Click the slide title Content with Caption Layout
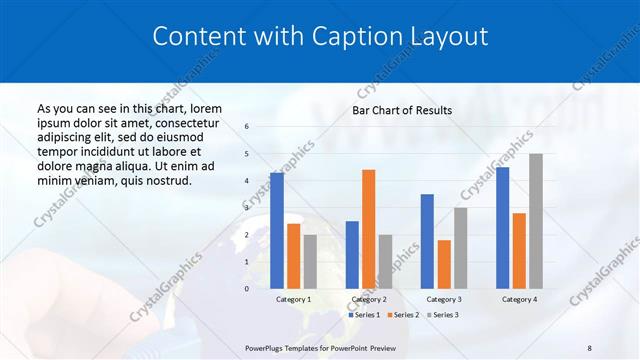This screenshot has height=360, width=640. (x=320, y=37)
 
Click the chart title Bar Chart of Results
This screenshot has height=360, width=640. (x=401, y=110)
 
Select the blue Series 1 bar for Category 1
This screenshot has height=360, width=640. (x=277, y=230)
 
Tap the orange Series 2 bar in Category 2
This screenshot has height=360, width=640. (x=368, y=229)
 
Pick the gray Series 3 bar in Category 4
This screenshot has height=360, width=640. (x=536, y=221)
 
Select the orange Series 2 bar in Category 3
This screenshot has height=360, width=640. (x=444, y=264)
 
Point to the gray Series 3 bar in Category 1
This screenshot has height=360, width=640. (x=310, y=261)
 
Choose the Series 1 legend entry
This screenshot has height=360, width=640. (x=366, y=315)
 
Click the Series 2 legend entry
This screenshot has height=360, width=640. (x=405, y=315)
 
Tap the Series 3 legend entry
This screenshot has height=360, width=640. (x=444, y=315)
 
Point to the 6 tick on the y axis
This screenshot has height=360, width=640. (x=247, y=127)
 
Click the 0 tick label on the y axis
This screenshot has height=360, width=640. (x=247, y=288)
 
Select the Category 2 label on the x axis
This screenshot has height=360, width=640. (x=369, y=299)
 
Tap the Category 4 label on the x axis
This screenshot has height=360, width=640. (x=519, y=299)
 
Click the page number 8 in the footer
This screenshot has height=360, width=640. (x=589, y=347)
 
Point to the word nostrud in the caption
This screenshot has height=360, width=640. (x=165, y=180)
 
